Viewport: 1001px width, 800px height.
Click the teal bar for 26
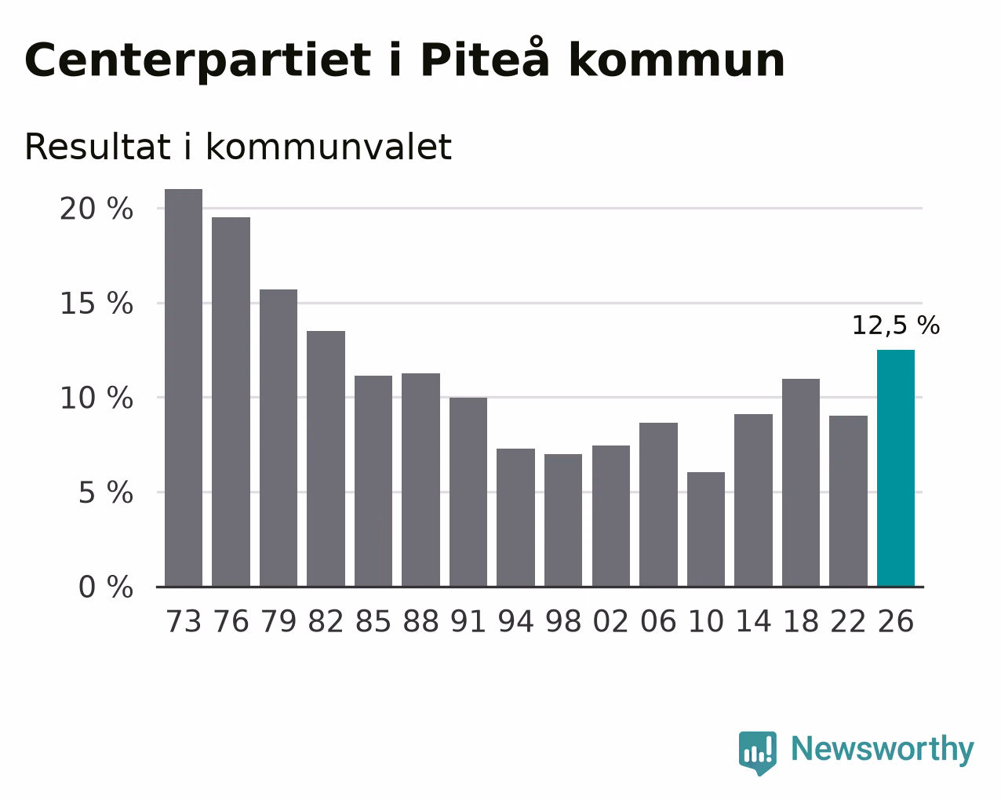point(895,468)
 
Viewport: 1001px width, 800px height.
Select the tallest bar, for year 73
point(184,387)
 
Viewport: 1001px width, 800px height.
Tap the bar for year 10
point(705,529)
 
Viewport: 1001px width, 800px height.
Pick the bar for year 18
point(800,482)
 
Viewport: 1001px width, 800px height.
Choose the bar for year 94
point(515,517)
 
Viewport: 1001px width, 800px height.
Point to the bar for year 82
point(326,459)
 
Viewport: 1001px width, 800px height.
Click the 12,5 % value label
point(895,325)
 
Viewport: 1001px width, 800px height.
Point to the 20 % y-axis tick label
point(96,209)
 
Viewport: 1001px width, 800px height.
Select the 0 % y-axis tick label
point(106,587)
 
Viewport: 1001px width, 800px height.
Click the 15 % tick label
point(96,304)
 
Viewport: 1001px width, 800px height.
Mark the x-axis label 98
point(563,621)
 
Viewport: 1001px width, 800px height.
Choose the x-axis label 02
point(611,621)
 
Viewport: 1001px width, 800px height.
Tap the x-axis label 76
point(231,621)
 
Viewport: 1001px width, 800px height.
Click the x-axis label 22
point(848,621)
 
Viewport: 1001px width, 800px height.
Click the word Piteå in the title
point(485,57)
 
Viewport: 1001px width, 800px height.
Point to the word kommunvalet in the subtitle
point(329,147)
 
